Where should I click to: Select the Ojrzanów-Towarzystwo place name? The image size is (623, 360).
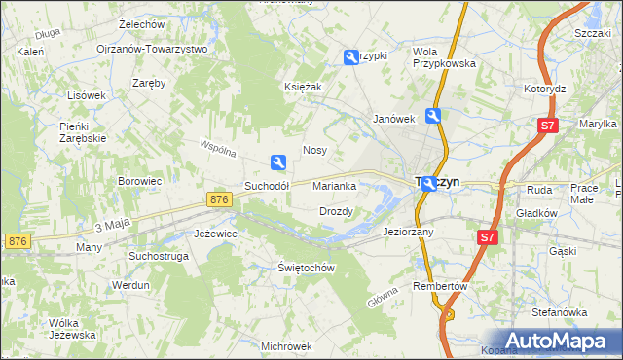[x=152, y=49]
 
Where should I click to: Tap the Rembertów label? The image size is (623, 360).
[x=441, y=287]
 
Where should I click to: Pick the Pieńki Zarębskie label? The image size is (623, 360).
[x=82, y=132]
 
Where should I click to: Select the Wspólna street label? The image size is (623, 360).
[x=218, y=151]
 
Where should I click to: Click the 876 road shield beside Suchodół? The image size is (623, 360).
[x=220, y=198]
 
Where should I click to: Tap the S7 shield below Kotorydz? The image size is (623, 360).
[x=548, y=126]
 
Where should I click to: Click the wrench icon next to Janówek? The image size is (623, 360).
[x=432, y=117]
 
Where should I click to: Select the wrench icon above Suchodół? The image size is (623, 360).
[x=278, y=162]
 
